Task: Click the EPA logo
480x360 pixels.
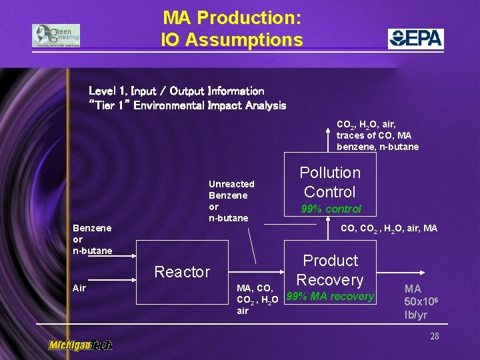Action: tap(416, 39)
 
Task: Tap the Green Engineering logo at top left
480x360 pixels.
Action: tap(56, 35)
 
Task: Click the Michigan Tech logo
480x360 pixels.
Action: tap(80, 345)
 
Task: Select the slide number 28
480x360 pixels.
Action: tap(434, 336)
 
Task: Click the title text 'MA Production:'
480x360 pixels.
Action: tap(232, 17)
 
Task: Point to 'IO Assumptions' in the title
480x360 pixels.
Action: tap(232, 40)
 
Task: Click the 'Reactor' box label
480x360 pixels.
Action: tap(182, 272)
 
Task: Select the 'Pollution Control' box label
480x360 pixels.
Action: tap(329, 182)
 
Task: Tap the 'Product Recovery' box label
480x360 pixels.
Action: tap(330, 270)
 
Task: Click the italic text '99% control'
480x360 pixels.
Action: tap(331, 209)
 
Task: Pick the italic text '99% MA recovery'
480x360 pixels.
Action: tap(330, 297)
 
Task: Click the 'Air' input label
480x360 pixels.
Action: tap(79, 288)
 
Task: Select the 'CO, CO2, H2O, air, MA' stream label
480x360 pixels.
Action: tap(389, 229)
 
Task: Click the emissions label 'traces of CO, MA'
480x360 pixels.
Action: tap(373, 136)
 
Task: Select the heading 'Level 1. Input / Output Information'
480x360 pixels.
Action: tap(177, 91)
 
